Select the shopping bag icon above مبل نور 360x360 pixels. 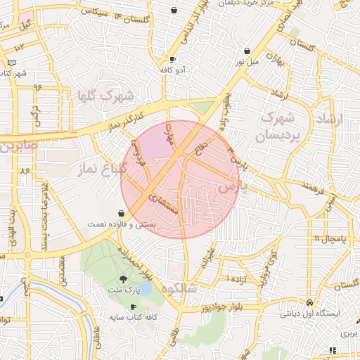coord(247,51)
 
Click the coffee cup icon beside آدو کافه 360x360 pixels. coord(173,59)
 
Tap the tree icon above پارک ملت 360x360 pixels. coord(124,279)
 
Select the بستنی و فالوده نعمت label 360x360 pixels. coord(122,224)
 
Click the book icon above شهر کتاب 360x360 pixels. coord(11,63)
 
